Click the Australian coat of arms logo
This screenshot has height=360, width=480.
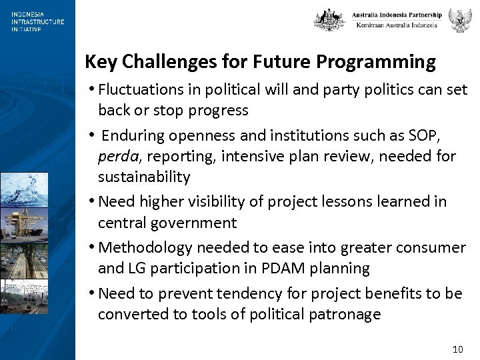tap(329, 20)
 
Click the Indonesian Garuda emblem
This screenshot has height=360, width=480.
tap(459, 20)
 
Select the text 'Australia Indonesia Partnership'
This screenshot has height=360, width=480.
tap(397, 15)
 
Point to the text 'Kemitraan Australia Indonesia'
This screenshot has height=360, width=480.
tap(397, 25)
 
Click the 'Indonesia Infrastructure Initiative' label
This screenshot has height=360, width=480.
tap(37, 21)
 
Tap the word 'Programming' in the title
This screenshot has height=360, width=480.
tap(376, 62)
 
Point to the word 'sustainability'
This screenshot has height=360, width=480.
tap(144, 177)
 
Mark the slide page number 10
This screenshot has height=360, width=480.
tap(457, 349)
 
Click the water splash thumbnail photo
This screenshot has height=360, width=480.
tap(24, 189)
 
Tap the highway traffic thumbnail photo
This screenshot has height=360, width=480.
tap(24, 259)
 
